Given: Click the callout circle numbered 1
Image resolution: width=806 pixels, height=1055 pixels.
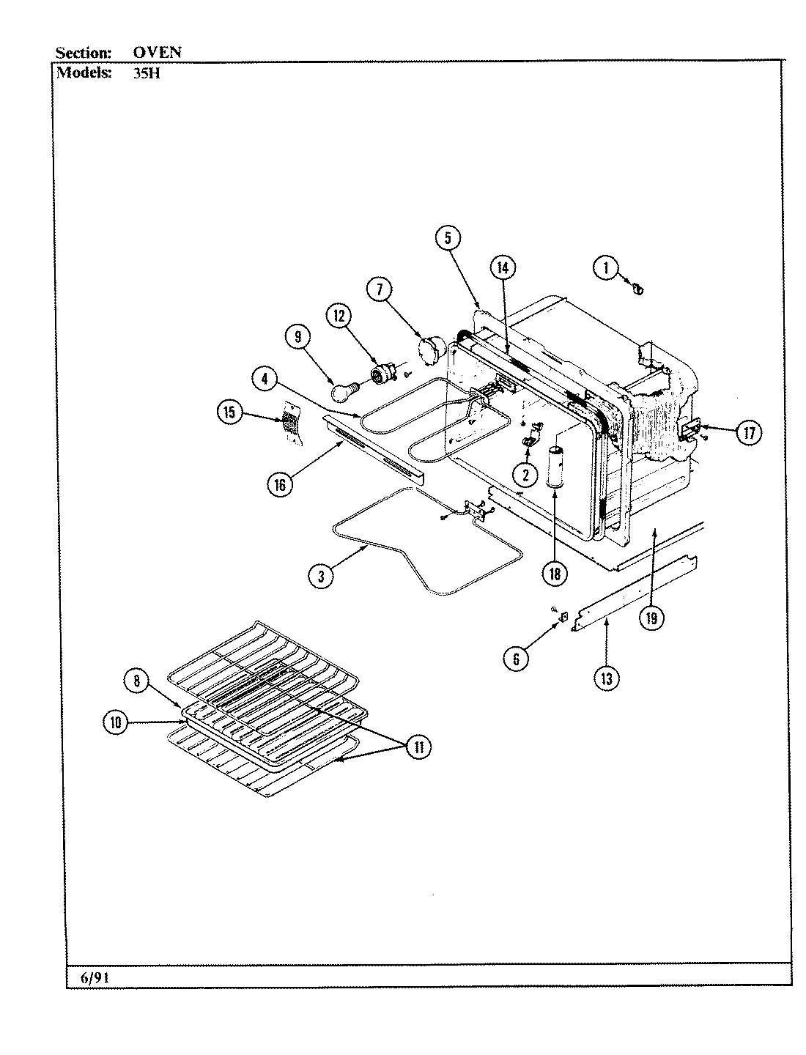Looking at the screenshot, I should (605, 269).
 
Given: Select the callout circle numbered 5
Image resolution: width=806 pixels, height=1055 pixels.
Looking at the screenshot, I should (448, 237).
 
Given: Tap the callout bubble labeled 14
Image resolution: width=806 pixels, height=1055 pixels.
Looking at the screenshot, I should (502, 268).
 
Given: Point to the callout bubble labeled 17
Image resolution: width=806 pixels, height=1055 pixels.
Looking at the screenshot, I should (748, 433).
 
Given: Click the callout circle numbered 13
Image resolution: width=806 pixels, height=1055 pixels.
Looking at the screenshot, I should (606, 678).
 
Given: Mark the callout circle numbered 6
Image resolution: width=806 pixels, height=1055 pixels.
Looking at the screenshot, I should (516, 659).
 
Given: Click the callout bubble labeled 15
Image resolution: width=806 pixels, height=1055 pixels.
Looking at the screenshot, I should (230, 413).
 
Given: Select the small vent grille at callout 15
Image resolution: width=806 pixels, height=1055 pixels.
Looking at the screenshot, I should (290, 423).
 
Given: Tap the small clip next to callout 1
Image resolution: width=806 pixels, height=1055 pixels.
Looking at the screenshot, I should (637, 290).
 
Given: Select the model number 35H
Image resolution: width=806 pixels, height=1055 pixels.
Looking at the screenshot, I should (137, 73).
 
